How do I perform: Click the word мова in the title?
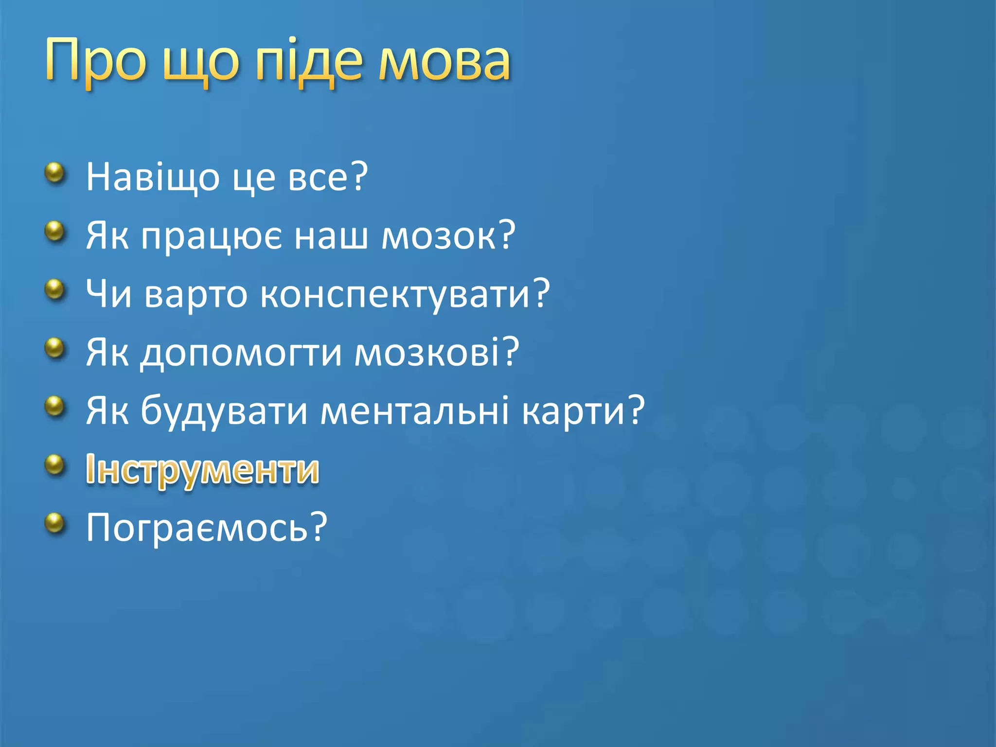tap(445, 61)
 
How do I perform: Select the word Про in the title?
tap(95, 61)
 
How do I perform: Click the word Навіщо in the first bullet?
tap(153, 177)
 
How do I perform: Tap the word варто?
tap(196, 294)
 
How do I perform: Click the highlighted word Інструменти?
tap(202, 470)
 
